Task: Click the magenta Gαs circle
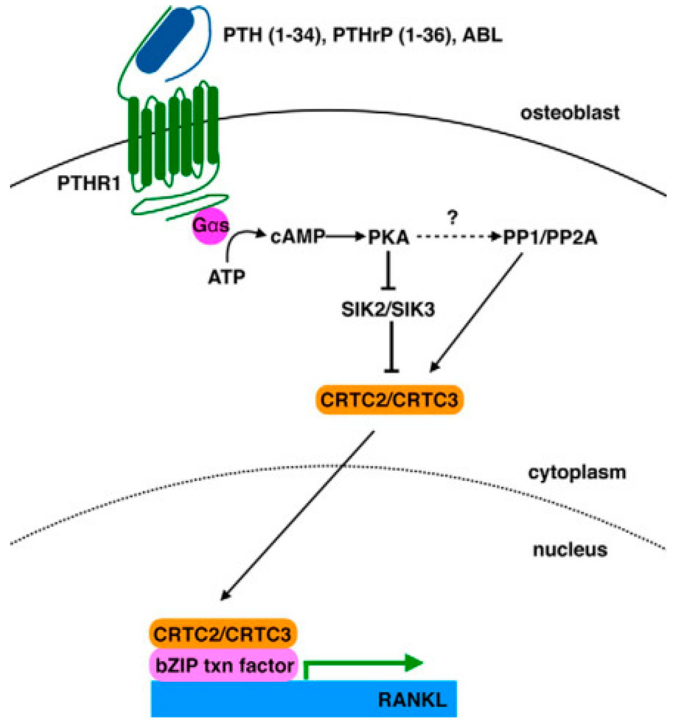[x=211, y=226]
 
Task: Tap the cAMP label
[x=297, y=238]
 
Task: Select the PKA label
[x=388, y=238]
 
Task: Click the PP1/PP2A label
[x=550, y=238]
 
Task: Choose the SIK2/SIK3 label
[x=388, y=310]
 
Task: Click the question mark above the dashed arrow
[x=452, y=219]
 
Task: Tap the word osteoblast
[x=570, y=113]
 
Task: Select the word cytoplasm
[x=577, y=472]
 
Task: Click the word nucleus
[x=570, y=550]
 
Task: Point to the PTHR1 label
[x=88, y=184]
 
